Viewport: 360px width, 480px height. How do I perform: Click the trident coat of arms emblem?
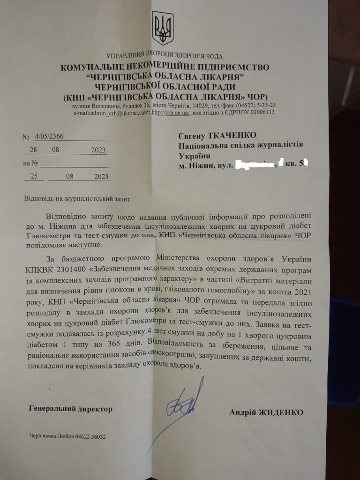[x=163, y=28]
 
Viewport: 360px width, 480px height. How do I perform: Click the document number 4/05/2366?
[x=50, y=136]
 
